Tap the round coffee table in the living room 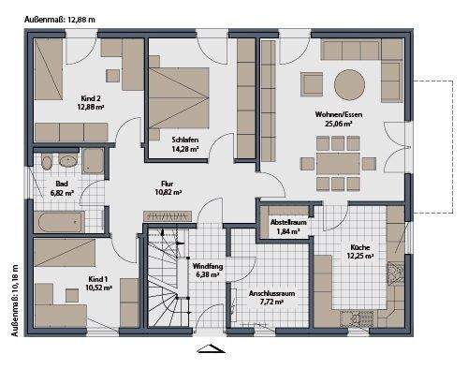coord(351,83)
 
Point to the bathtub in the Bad coord(58,221)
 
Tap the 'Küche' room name coord(360,245)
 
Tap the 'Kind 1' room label coord(98,279)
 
